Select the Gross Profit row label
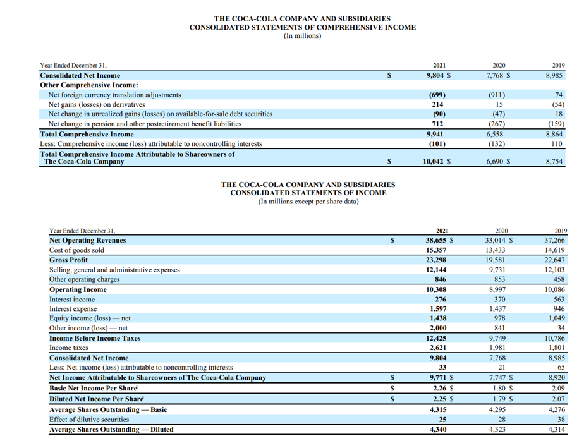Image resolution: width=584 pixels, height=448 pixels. (x=68, y=260)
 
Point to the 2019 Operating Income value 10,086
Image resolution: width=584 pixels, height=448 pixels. (x=555, y=289)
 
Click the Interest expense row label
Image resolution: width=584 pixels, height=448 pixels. (x=73, y=309)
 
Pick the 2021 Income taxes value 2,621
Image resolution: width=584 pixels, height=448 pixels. (x=437, y=348)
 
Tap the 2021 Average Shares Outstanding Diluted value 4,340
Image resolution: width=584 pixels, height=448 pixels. (x=437, y=430)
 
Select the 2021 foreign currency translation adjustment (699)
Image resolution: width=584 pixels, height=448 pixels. (x=437, y=95)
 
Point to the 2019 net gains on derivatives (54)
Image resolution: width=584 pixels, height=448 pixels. (x=557, y=104)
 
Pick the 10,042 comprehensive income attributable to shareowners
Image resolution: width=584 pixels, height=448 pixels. (x=435, y=162)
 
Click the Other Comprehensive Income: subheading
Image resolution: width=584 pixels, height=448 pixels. (x=89, y=85)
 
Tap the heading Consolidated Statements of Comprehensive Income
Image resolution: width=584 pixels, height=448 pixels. (x=302, y=27)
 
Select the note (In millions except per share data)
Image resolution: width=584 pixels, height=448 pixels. (x=308, y=202)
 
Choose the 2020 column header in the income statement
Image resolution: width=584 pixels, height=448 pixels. (x=501, y=231)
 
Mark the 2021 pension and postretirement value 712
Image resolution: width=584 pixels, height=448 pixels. (x=437, y=124)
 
